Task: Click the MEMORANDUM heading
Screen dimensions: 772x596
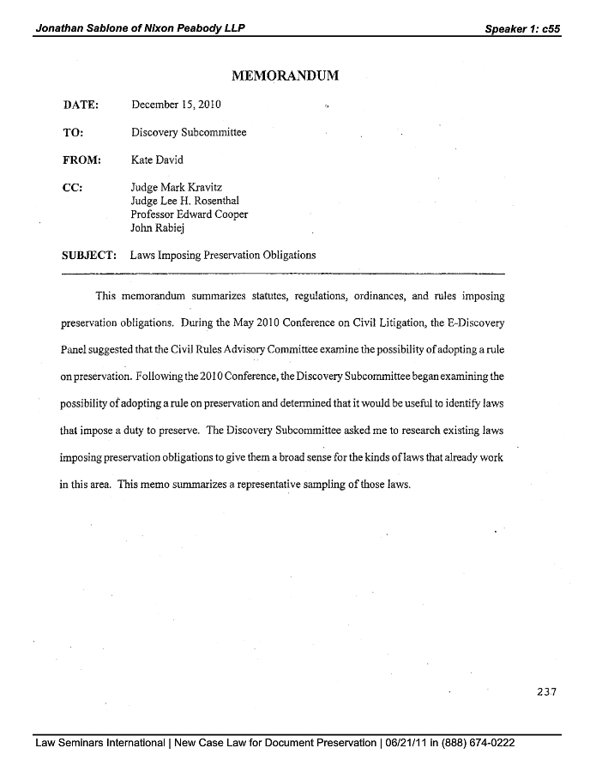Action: (286, 76)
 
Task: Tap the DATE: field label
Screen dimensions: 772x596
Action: (81, 105)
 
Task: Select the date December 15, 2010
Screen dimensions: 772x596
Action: (176, 105)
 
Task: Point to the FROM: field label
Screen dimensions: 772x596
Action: (82, 160)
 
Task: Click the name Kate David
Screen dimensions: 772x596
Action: (157, 160)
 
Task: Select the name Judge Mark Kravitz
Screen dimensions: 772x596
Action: (178, 188)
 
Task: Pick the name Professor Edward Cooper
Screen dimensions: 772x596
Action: (189, 215)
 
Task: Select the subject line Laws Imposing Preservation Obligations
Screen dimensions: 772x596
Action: (223, 255)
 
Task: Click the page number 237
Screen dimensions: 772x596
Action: (545, 692)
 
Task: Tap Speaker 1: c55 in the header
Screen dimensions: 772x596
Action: (522, 28)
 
